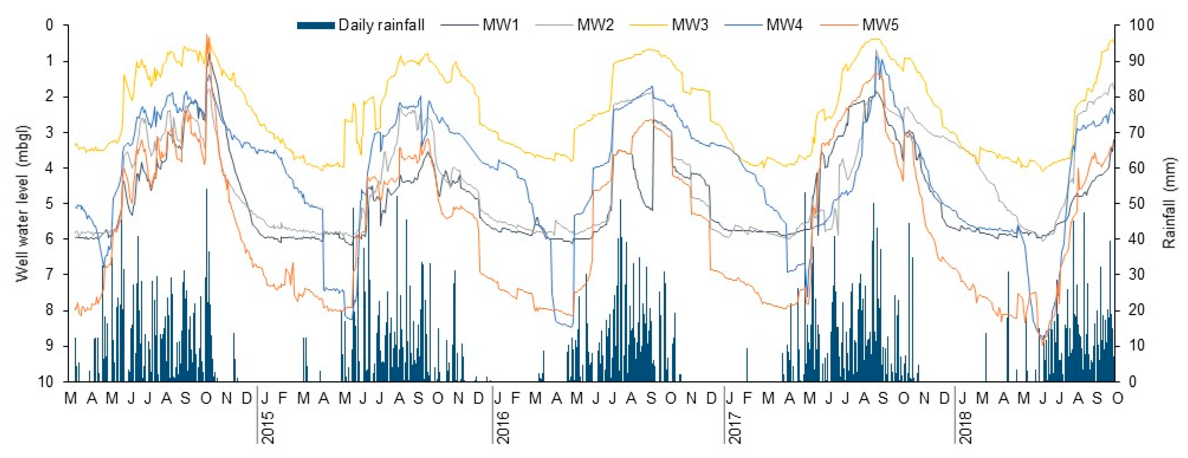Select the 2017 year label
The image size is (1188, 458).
coord(735,427)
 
